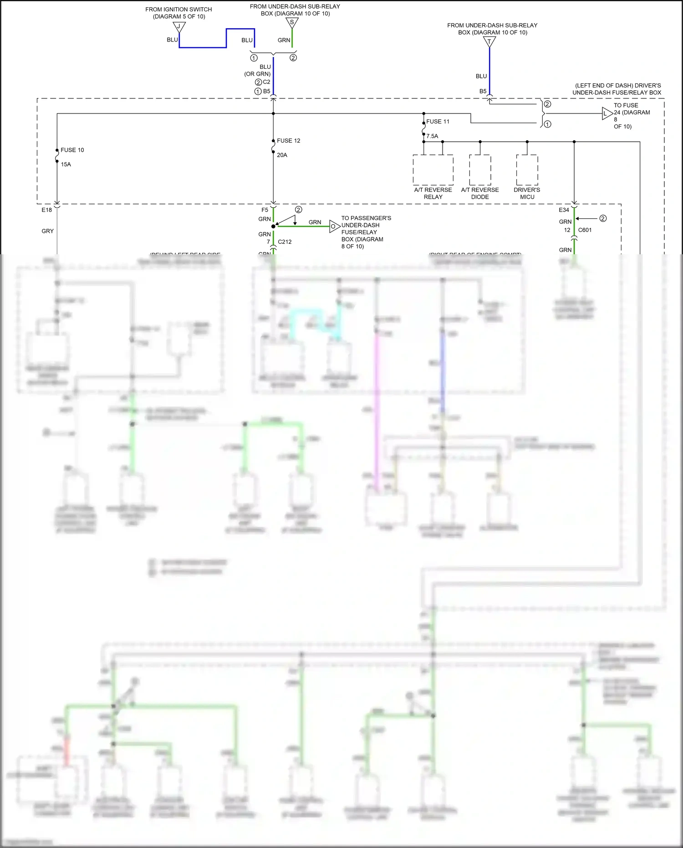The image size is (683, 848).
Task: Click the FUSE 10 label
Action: pyautogui.click(x=72, y=150)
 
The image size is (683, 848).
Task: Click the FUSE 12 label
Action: pyautogui.click(x=288, y=141)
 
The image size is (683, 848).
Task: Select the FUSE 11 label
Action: pyautogui.click(x=438, y=122)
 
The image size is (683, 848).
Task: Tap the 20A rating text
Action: pyautogui.click(x=282, y=155)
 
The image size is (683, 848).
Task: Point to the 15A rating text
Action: pyautogui.click(x=66, y=164)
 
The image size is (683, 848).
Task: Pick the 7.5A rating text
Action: pyautogui.click(x=432, y=136)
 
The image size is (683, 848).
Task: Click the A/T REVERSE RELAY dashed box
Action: pyautogui.click(x=433, y=170)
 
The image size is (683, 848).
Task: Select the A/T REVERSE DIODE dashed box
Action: pyautogui.click(x=480, y=170)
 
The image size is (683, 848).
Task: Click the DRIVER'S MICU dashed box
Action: pyautogui.click(x=527, y=170)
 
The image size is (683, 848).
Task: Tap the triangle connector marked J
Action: pyautogui.click(x=179, y=27)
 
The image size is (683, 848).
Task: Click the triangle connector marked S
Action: pyautogui.click(x=292, y=23)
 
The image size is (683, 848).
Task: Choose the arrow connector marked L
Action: pyautogui.click(x=607, y=113)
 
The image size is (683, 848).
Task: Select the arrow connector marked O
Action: pyautogui.click(x=334, y=226)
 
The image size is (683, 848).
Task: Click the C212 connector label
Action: pyautogui.click(x=285, y=242)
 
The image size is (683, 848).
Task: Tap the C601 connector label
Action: pyautogui.click(x=585, y=230)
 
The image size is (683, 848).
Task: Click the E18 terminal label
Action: pyautogui.click(x=46, y=210)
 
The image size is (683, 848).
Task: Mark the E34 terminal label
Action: pyautogui.click(x=564, y=210)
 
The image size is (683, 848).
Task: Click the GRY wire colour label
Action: pyautogui.click(x=47, y=231)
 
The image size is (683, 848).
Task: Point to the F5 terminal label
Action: pyautogui.click(x=265, y=210)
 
